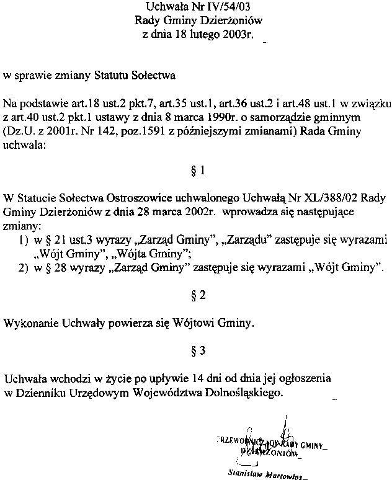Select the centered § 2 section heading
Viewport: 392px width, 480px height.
tap(198, 296)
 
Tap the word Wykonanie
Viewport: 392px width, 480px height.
tap(29, 323)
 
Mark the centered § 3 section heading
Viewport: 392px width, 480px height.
tap(198, 350)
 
